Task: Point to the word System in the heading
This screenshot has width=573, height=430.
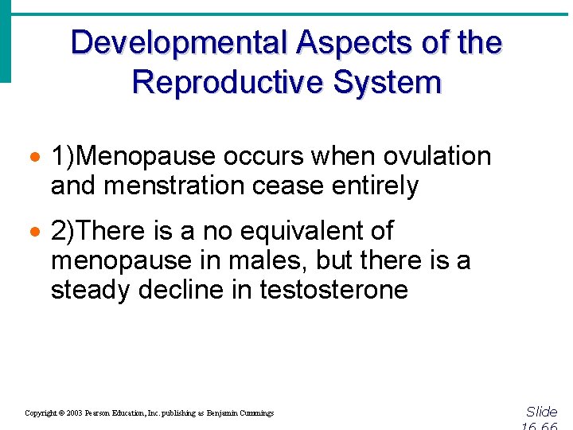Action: click(x=393, y=82)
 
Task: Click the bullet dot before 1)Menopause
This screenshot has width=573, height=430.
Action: click(x=37, y=157)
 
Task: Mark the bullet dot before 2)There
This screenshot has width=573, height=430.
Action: click(x=37, y=232)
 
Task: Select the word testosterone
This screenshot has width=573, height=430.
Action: click(x=333, y=290)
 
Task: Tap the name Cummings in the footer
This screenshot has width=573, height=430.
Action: click(x=255, y=413)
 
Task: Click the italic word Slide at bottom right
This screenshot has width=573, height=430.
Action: click(x=542, y=412)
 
